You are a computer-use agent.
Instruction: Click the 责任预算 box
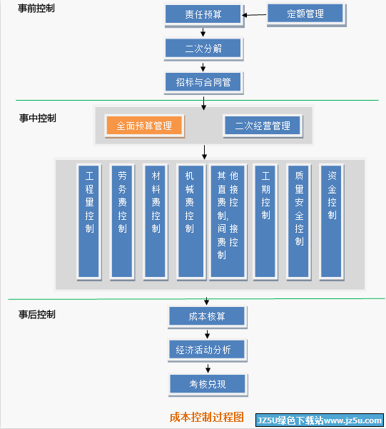click(203, 14)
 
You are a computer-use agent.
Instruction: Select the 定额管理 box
click(305, 14)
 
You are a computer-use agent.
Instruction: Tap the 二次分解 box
click(203, 49)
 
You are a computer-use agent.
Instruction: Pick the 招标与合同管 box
click(203, 82)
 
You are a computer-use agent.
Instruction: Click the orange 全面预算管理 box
click(144, 126)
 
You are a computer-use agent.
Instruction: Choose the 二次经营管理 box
click(263, 126)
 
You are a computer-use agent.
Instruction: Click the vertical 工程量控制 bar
click(89, 221)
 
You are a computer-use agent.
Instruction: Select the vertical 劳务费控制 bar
click(122, 221)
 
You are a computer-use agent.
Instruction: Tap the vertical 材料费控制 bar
click(156, 221)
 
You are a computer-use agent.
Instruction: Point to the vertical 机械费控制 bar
click(191, 221)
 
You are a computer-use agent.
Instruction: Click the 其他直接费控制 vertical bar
click(228, 221)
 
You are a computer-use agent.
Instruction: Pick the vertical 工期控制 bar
click(265, 221)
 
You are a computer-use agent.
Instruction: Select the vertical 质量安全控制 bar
click(299, 221)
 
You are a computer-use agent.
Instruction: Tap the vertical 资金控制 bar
click(332, 221)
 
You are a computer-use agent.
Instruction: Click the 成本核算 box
click(207, 316)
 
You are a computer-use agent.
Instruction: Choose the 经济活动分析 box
click(207, 350)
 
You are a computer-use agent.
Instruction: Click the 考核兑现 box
click(208, 384)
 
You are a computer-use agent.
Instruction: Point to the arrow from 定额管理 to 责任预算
click(255, 15)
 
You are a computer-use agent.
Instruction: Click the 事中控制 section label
click(38, 118)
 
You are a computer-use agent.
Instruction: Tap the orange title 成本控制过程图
click(207, 418)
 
